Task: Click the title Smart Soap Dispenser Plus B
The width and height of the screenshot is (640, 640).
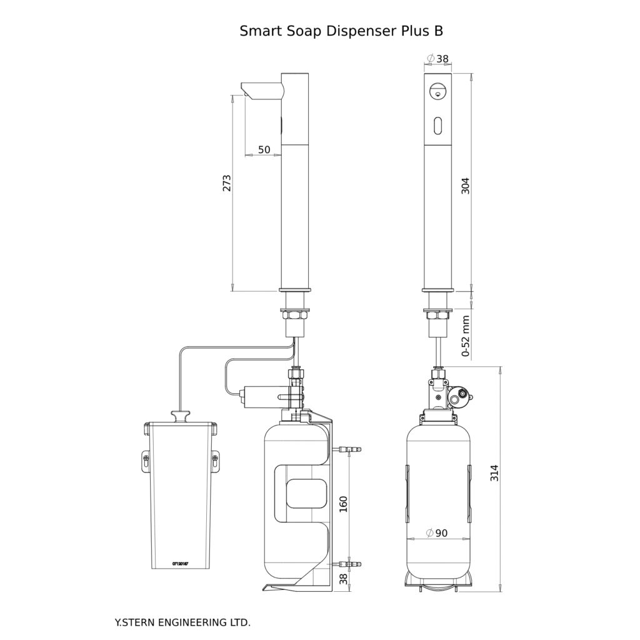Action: coord(341,31)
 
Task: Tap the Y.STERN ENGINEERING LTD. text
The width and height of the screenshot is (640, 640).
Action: coord(182,622)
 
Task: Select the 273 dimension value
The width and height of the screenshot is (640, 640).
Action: coord(227,183)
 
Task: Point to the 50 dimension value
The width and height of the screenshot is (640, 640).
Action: coord(264,150)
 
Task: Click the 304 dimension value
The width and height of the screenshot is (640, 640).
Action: coord(464,186)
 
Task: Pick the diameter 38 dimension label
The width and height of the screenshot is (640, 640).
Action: coord(437,59)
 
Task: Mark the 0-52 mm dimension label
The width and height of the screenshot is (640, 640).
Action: coord(466,335)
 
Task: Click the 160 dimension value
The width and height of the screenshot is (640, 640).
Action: coord(342,503)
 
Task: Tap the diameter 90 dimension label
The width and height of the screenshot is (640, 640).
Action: coord(437,533)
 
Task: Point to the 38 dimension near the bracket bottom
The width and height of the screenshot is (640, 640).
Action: coord(342,579)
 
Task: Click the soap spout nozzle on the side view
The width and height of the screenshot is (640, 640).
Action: coord(261,89)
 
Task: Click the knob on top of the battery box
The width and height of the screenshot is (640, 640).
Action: coord(181,416)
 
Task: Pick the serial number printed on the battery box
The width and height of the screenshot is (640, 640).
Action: coord(180,563)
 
